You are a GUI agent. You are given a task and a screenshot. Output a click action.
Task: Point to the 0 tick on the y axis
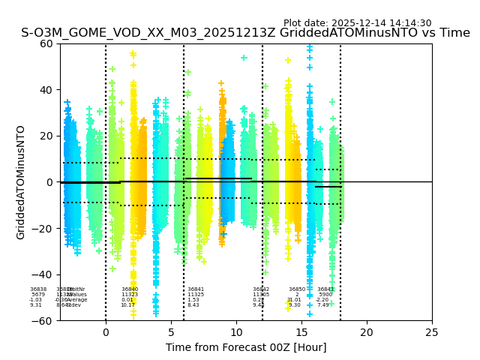coord(49,182)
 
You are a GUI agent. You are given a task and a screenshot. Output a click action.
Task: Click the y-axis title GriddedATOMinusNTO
coord(21,182)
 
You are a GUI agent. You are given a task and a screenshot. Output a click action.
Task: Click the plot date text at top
coord(357,23)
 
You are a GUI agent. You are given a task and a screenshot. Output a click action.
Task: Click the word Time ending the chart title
coord(454,33)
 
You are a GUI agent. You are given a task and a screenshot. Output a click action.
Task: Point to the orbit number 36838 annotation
coord(38,289)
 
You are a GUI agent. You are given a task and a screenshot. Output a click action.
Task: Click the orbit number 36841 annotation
coord(196,289)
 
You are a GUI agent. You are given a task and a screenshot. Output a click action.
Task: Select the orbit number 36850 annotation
coord(297,289)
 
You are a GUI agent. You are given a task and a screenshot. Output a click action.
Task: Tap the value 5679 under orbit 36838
coord(38,295)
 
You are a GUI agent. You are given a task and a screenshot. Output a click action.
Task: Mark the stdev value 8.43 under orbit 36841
coord(193,305)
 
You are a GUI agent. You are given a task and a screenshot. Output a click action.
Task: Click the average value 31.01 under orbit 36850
coord(294,300)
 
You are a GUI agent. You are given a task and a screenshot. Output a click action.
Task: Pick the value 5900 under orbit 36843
coord(325,295)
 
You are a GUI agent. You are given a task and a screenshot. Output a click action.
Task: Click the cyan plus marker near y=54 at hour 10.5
coord(244,58)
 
